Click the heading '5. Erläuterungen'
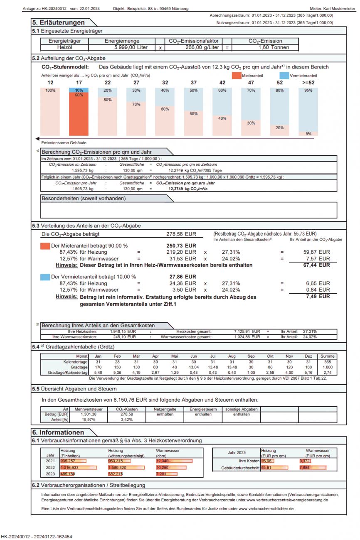tap(59, 22)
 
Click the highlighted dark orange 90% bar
tap(78, 114)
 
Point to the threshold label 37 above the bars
tap(194, 82)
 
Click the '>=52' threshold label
tap(308, 82)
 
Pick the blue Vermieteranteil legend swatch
tap(284, 76)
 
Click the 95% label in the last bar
tap(308, 91)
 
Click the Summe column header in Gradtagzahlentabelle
tap(328, 356)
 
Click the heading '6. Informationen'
tap(59, 432)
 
